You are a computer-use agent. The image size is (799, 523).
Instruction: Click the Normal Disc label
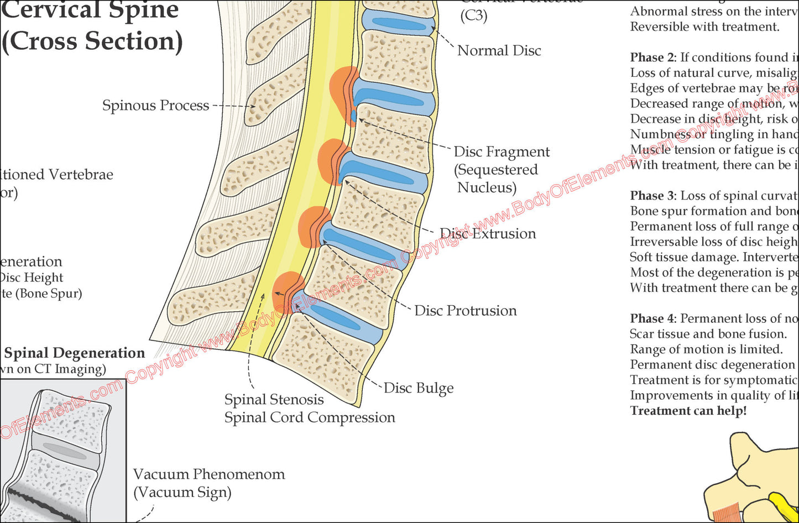tap(499, 51)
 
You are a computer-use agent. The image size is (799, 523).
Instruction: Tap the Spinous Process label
tap(155, 106)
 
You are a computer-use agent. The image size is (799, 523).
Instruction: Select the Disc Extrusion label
tap(488, 234)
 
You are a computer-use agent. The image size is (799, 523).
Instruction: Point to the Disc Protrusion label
tap(466, 311)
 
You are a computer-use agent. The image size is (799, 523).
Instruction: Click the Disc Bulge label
tap(419, 389)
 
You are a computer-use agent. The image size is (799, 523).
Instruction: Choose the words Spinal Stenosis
tap(274, 400)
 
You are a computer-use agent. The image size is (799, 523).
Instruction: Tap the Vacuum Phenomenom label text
tap(209, 474)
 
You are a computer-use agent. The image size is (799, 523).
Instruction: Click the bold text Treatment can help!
tap(688, 411)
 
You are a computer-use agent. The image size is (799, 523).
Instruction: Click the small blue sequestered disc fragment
tap(354, 116)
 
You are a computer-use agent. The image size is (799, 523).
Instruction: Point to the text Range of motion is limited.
tap(706, 349)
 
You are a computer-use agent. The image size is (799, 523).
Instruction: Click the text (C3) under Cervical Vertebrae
tap(474, 16)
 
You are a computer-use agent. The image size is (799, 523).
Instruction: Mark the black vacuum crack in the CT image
tap(39, 500)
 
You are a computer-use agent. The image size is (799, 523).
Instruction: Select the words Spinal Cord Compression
tap(310, 417)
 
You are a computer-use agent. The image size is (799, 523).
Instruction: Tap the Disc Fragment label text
tap(502, 152)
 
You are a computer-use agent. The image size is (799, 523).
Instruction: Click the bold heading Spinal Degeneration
tap(75, 353)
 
